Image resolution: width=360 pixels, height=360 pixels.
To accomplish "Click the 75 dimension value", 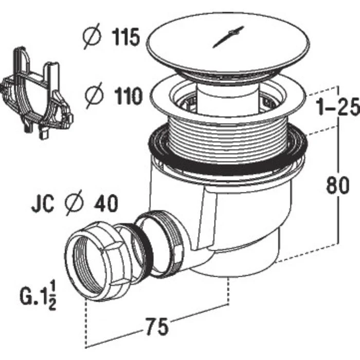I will [x=155, y=326].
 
